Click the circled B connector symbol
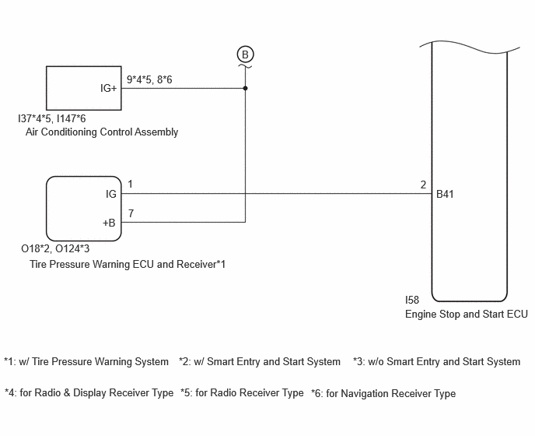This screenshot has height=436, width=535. coord(245,54)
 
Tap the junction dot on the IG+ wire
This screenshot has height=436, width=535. coord(245,88)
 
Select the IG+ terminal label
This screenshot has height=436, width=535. coord(109,88)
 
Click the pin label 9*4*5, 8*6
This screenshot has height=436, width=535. coord(149,79)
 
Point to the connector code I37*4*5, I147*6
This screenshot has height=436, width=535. coord(52,118)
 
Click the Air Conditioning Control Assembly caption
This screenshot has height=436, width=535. coord(102,132)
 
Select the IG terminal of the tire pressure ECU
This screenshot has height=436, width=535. coord(111,194)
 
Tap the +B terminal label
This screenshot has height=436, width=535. coord(109,223)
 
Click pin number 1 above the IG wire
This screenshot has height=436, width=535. coord(130,185)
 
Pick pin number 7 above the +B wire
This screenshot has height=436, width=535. coord(131,213)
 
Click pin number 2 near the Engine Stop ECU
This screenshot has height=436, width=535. coord(423,185)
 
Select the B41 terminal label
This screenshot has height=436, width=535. coord(445,194)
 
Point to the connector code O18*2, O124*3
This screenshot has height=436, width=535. coord(55,248)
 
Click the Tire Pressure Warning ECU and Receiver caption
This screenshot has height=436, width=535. coord(128,264)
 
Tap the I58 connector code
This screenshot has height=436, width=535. coord(412,300)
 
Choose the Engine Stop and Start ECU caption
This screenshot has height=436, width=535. coord(467,314)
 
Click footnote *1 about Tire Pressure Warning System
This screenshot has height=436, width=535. coord(86,361)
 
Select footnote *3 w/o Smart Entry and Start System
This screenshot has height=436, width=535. coord(437,361)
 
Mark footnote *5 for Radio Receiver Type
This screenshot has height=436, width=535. coord(242,392)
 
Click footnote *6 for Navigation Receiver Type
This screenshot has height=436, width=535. coord(383,393)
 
